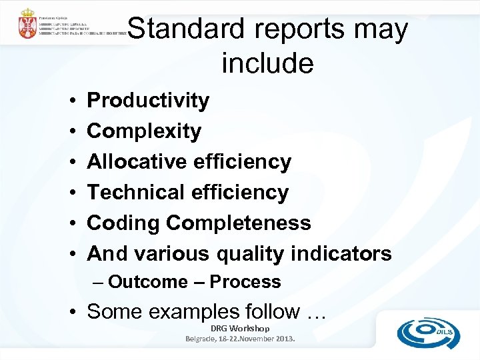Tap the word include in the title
pyautogui.click(x=267, y=63)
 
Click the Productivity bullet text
pyautogui.click(x=148, y=101)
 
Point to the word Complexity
pyautogui.click(x=144, y=131)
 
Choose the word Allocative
pyautogui.click(x=137, y=162)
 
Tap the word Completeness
pyautogui.click(x=239, y=223)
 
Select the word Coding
pyautogui.click(x=124, y=223)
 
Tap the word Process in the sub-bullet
pyautogui.click(x=245, y=282)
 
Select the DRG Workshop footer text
pyautogui.click(x=240, y=329)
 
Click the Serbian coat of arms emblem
pyautogui.click(x=28, y=25)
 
